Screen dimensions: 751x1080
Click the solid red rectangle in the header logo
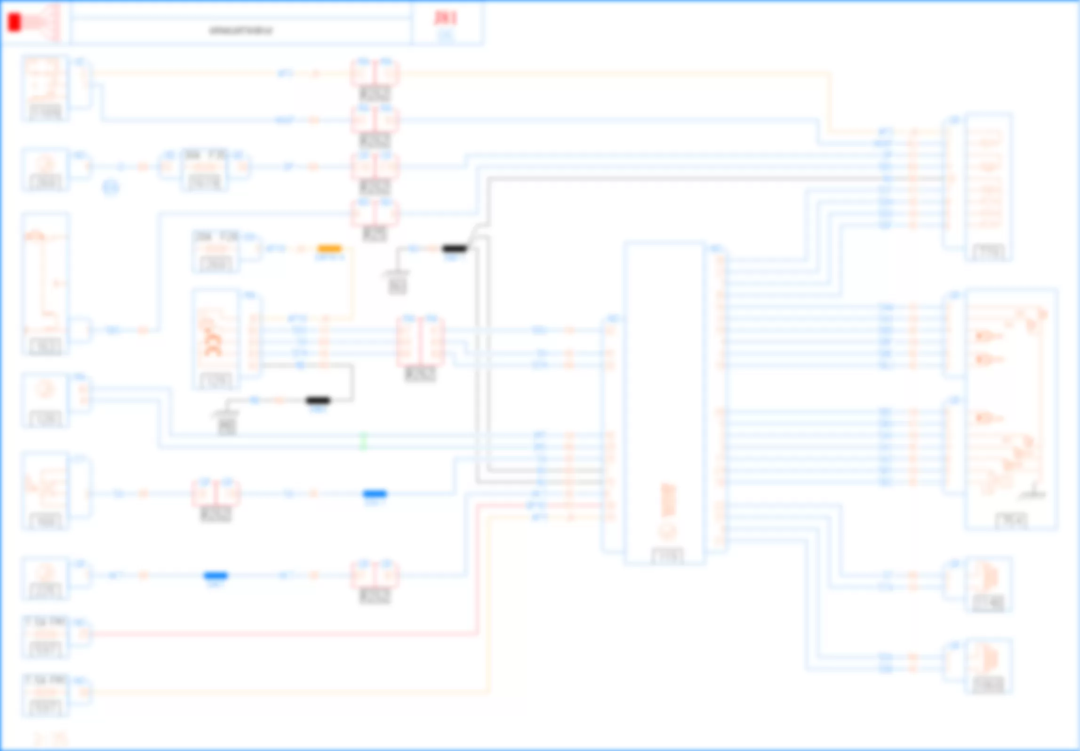[x=15, y=23]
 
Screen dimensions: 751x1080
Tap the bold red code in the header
[x=445, y=18]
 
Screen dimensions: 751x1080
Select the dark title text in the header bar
[x=240, y=31]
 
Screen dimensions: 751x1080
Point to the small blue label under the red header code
[x=445, y=35]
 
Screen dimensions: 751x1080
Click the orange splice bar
[x=329, y=248]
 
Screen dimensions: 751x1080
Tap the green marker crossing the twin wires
[x=363, y=441]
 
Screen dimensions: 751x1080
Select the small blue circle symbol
[x=111, y=187]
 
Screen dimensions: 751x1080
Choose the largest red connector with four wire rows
[x=420, y=342]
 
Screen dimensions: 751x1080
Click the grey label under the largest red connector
[x=420, y=374]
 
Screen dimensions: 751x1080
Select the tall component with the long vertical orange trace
[x=46, y=283]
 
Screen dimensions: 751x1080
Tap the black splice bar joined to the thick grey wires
[x=455, y=248]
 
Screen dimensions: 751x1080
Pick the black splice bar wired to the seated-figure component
[x=318, y=400]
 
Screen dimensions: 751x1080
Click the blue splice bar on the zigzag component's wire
[x=375, y=493]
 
